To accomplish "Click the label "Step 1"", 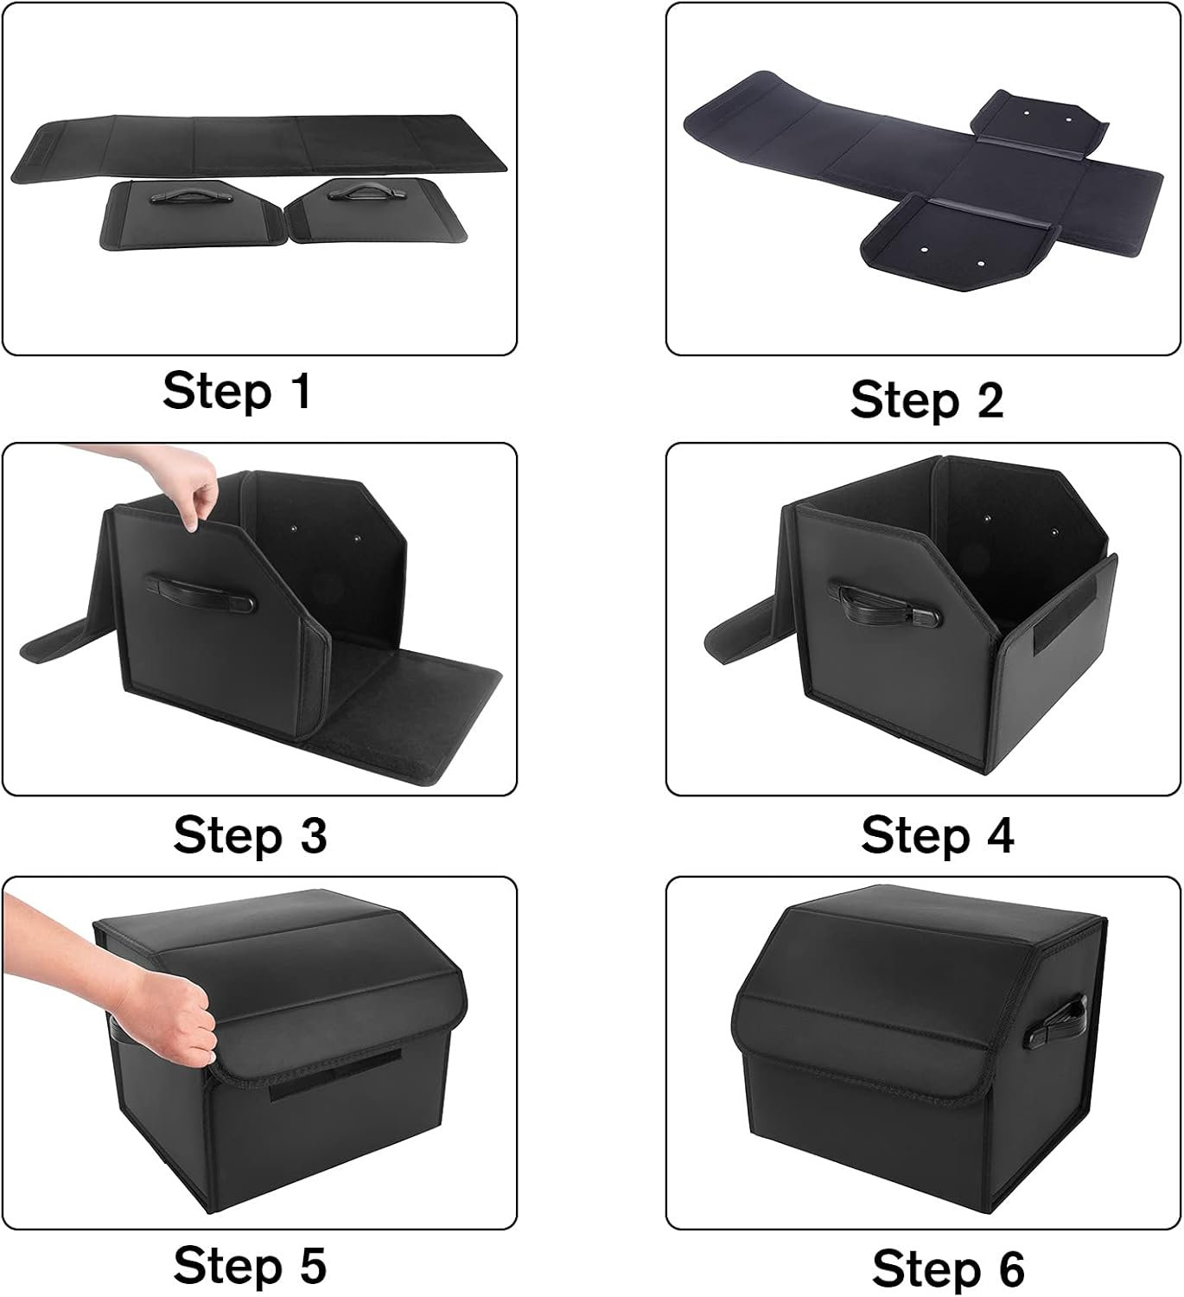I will pos(236,391).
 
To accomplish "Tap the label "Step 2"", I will pos(926,400).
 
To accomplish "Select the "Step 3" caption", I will pos(250,835).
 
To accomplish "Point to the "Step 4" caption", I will pos(937,835).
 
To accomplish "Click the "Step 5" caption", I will pos(250,1265).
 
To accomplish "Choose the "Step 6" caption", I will pos(948,1268).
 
